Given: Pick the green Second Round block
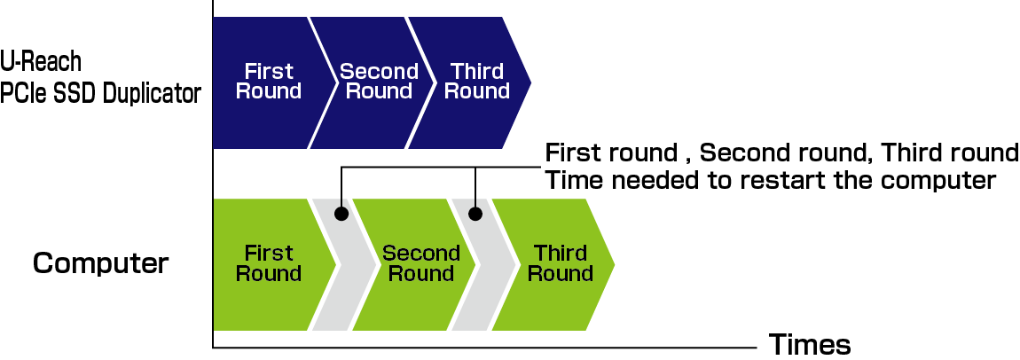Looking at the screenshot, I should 417,264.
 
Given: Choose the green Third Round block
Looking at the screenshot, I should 559,264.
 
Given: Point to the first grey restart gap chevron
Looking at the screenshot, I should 342,266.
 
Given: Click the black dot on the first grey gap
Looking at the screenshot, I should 341,214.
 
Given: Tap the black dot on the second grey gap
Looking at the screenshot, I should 475,214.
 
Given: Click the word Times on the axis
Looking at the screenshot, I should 810,345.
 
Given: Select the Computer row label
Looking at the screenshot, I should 100,263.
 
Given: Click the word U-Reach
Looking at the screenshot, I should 41,62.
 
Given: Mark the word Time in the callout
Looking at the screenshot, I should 573,180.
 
